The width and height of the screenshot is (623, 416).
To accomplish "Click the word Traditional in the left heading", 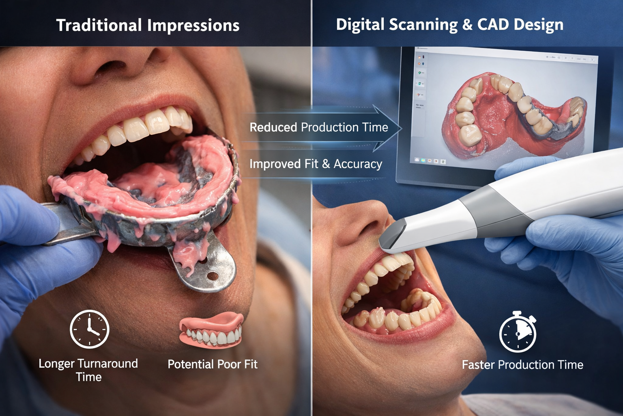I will pos(99,25).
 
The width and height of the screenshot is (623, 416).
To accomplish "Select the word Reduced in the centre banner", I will pos(273,127).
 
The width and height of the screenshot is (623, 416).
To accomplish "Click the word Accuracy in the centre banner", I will pos(358,164).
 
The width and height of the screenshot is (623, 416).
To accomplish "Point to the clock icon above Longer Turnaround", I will pos(89,329).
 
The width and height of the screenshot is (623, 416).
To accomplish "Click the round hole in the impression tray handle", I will pos(213,276).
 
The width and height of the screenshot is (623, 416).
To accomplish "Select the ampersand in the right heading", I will pos(467,24).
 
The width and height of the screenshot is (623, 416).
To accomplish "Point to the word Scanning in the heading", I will pos(423,24).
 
